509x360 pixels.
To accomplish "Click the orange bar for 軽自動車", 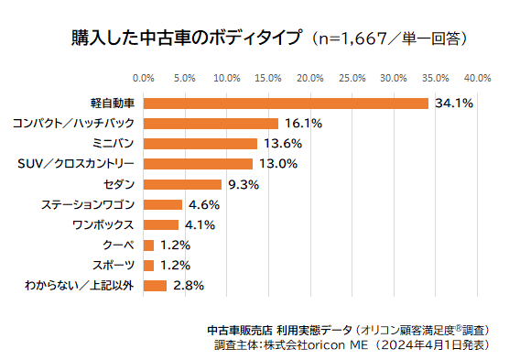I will [286, 103].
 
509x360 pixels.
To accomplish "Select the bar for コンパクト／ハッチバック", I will [211, 123].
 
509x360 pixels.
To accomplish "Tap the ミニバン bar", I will [200, 143].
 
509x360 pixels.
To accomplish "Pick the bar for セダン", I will [182, 184].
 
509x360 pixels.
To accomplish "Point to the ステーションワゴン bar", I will [163, 204].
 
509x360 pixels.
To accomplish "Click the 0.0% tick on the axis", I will [144, 77].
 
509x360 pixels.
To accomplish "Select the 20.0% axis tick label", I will [310, 77].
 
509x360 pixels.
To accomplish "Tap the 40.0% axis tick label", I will [477, 77].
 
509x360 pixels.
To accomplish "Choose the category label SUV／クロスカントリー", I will [76, 164].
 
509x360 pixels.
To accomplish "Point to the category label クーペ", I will [119, 245].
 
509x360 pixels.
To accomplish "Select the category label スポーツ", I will [114, 265].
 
